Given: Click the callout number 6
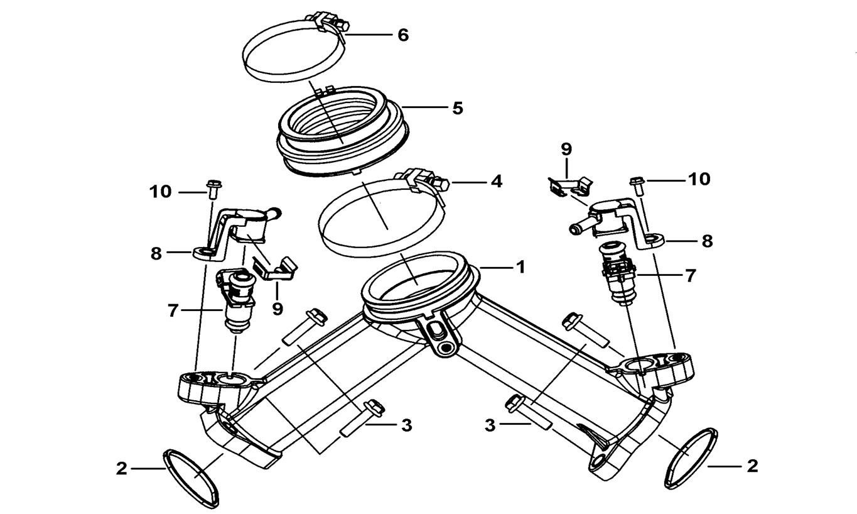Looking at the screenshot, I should (402, 35).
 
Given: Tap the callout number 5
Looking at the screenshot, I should (457, 109).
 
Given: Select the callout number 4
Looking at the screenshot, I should (496, 183).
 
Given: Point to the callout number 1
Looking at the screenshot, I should (520, 267).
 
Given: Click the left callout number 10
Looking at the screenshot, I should (161, 192).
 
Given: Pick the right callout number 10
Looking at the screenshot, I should (698, 180).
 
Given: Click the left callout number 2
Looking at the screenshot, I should (121, 468).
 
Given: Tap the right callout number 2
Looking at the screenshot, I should (752, 466).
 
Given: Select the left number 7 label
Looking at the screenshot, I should (173, 310).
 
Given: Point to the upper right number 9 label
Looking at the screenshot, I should (566, 150).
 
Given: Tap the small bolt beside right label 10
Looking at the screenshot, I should (637, 184).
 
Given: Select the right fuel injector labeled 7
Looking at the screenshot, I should (619, 271).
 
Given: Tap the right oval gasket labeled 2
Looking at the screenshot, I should (689, 457).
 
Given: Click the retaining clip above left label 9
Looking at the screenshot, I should (274, 266).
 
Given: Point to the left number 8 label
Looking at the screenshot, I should (156, 254).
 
